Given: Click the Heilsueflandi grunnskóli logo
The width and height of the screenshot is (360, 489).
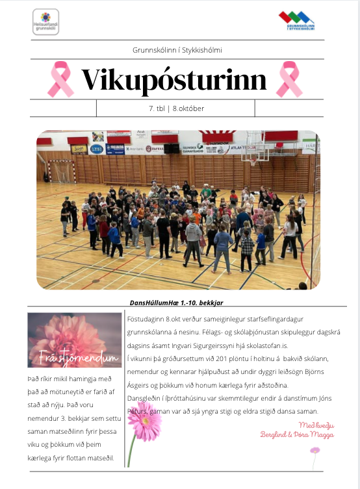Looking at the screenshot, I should [45, 21].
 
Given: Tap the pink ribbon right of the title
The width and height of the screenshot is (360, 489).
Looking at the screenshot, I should [289, 79].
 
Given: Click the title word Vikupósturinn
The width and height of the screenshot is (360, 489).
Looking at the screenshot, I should [174, 80].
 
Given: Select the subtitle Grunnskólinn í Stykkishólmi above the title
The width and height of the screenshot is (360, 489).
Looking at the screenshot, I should [176, 49].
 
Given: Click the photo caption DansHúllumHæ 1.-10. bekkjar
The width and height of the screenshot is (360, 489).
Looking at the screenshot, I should [176, 303].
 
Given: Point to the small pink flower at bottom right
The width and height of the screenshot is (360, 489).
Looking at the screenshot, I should [315, 450].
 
